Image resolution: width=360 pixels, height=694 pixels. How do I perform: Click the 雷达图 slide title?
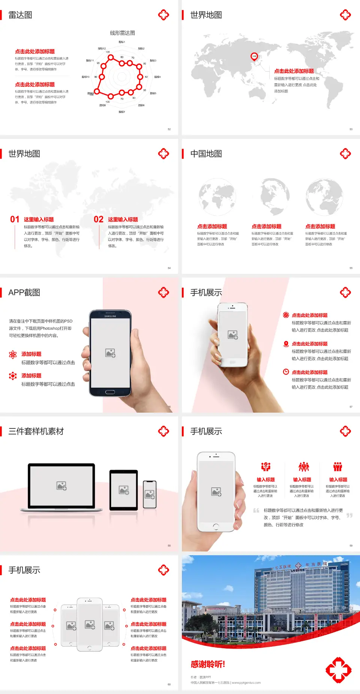tap(20, 15)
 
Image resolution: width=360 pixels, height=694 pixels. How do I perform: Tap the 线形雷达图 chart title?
tap(122, 33)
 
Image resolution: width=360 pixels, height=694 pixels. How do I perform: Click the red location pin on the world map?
tap(254, 57)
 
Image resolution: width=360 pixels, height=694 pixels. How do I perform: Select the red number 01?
tap(15, 219)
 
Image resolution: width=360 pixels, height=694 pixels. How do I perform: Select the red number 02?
tap(99, 219)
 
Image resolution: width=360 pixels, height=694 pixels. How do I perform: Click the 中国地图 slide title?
tap(206, 154)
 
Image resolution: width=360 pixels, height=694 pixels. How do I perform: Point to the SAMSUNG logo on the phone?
tap(110, 316)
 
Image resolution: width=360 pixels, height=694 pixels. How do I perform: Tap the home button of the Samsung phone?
tap(110, 392)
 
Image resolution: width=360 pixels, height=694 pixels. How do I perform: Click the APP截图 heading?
tap(24, 293)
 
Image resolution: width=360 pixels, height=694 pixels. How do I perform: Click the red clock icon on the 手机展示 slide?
tap(286, 372)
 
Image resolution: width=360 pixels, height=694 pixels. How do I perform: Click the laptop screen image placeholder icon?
tap(61, 486)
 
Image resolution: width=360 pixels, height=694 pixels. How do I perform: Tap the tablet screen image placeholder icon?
tap(124, 490)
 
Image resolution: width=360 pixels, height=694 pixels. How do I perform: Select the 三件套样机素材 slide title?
tap(36, 431)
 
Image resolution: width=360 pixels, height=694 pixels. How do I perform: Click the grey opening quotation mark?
tap(256, 510)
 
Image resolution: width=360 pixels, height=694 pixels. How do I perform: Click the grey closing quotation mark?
tap(349, 515)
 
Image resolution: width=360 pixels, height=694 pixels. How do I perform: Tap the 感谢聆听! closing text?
tap(208, 664)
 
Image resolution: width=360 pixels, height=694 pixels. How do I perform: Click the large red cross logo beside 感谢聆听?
tap(338, 670)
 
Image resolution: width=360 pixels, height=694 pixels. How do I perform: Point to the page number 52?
tap(169, 129)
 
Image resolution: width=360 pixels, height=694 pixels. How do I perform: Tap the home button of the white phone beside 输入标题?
tap(216, 527)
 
